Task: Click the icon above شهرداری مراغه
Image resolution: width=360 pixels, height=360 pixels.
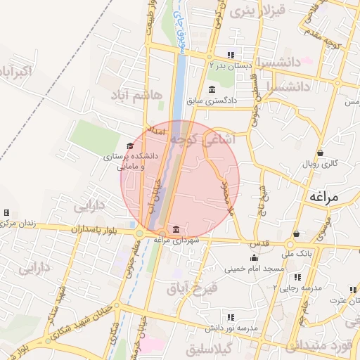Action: tap(175, 230)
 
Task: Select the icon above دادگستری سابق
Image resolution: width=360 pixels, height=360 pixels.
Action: tap(212, 89)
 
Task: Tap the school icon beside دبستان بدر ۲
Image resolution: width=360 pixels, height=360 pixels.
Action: tap(231, 55)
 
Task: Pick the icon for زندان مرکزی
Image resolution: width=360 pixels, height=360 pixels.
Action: tap(6, 212)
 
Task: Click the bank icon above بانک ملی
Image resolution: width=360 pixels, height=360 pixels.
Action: tap(297, 234)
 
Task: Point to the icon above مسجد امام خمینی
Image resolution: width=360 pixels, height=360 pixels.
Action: tap(253, 257)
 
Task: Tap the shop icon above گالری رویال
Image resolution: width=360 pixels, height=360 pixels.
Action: tap(321, 153)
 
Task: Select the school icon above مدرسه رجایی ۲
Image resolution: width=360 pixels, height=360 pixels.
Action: tap(305, 277)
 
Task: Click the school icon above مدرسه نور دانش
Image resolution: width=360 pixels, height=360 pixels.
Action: tap(231, 318)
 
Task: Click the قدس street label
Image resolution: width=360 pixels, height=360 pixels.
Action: tap(261, 243)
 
